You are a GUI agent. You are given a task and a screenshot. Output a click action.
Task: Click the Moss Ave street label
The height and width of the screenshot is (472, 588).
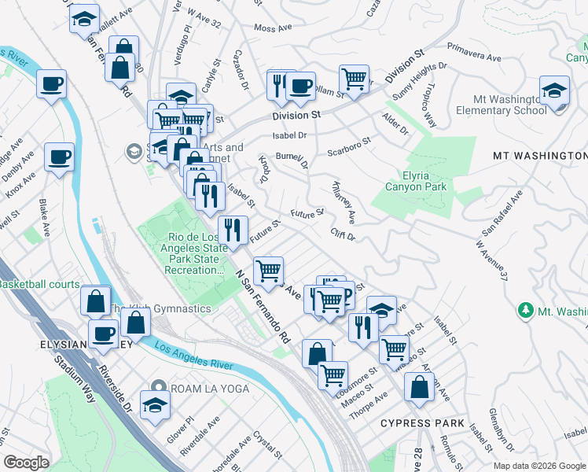point(272,28)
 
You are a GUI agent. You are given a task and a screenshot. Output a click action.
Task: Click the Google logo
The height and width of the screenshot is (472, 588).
point(27,463)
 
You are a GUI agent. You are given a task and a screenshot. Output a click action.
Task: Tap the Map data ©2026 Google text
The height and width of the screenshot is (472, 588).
point(539,465)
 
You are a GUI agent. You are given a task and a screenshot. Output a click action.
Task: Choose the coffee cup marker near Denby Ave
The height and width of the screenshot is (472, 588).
point(59,157)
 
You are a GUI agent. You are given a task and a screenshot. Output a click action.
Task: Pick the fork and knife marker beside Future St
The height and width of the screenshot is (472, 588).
point(233,230)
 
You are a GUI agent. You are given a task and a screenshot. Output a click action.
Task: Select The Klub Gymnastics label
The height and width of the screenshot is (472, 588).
point(160,309)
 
